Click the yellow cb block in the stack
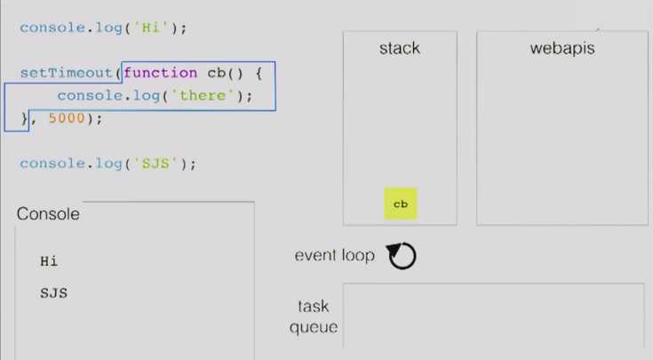coord(400,204)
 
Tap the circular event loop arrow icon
coord(402,255)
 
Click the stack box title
coord(400,48)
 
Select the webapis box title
coord(562,49)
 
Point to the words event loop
coord(334,255)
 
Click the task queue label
coord(314,316)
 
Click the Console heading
coord(48,213)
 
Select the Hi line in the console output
coord(49,261)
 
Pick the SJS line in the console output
coord(53,293)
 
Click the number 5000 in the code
coord(67,118)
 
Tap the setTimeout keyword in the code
coord(67,73)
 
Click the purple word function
coord(160,73)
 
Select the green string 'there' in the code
coord(203,96)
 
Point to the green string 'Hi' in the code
coord(151,28)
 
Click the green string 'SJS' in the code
coord(155,164)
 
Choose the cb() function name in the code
coord(225,73)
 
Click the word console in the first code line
coord(52,28)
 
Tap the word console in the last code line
coord(52,164)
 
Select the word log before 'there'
coord(147,96)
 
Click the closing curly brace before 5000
coord(25,119)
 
